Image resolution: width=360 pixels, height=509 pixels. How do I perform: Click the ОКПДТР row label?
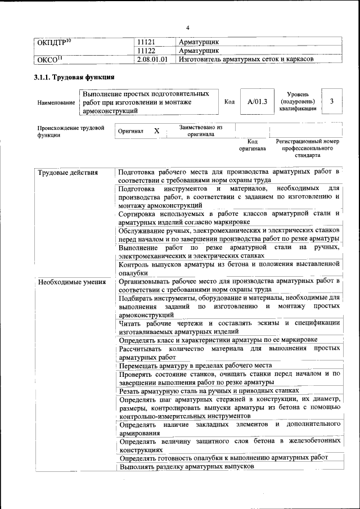(x=54, y=42)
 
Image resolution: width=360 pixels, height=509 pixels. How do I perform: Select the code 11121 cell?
(x=146, y=42)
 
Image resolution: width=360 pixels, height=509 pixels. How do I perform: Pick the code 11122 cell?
(x=146, y=51)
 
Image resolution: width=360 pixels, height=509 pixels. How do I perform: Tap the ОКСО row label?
(x=49, y=58)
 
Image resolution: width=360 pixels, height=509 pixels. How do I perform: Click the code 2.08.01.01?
(x=152, y=58)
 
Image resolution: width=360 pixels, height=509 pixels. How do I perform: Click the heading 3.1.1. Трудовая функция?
(x=75, y=78)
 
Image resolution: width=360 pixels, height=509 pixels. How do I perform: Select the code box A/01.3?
(x=256, y=101)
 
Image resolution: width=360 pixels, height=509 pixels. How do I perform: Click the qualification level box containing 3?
(x=332, y=101)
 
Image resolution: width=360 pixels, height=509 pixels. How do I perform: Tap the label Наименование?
(x=56, y=103)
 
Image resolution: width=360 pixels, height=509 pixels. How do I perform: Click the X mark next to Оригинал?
(x=157, y=131)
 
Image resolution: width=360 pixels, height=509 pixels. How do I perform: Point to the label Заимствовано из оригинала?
(x=201, y=131)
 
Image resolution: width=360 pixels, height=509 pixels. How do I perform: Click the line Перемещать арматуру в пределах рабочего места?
(x=196, y=365)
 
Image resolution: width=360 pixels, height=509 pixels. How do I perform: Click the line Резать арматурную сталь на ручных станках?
(x=209, y=390)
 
